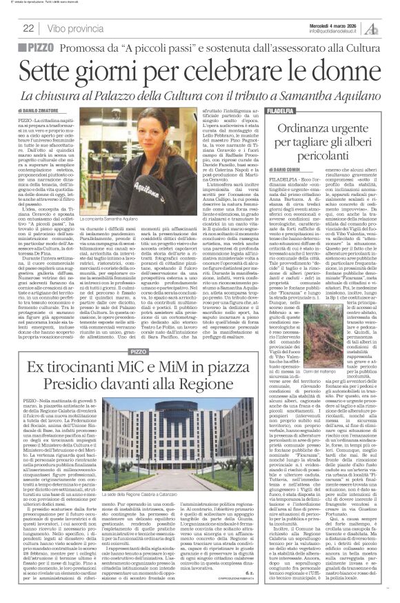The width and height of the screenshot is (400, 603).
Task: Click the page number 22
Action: (x=28, y=28)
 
